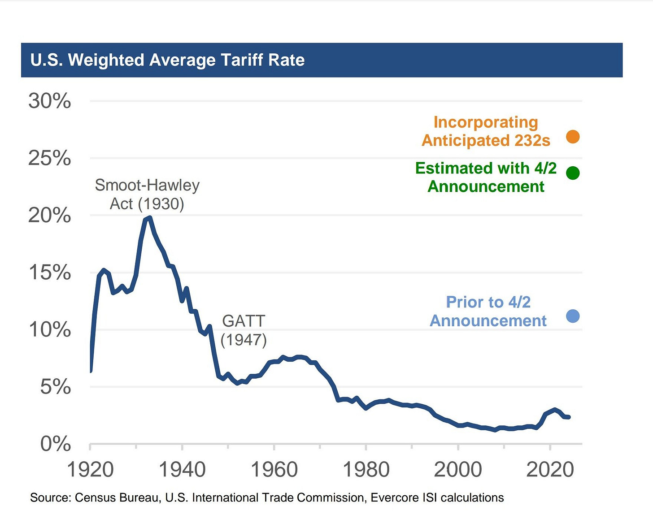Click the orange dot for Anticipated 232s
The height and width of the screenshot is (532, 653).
[573, 137]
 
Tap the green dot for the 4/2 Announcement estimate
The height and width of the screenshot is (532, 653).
[573, 173]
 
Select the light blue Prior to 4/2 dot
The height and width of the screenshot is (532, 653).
[573, 316]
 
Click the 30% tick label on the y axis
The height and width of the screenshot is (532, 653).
[50, 101]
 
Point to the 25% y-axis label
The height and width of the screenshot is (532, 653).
[50, 158]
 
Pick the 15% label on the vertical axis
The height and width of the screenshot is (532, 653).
[50, 272]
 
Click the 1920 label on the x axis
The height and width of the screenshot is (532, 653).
[90, 469]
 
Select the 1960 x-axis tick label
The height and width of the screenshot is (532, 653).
[274, 469]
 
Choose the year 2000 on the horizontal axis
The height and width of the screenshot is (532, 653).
[458, 469]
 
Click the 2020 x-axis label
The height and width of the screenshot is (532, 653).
[550, 469]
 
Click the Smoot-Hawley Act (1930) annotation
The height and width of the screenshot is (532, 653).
[147, 194]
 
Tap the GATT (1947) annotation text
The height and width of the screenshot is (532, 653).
[244, 330]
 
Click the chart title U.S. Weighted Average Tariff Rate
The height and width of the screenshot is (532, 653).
[167, 60]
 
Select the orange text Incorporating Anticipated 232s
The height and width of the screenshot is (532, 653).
[486, 131]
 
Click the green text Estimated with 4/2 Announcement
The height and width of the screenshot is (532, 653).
[486, 177]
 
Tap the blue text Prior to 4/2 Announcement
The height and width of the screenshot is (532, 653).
[488, 311]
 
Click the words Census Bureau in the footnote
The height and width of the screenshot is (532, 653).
[118, 497]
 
